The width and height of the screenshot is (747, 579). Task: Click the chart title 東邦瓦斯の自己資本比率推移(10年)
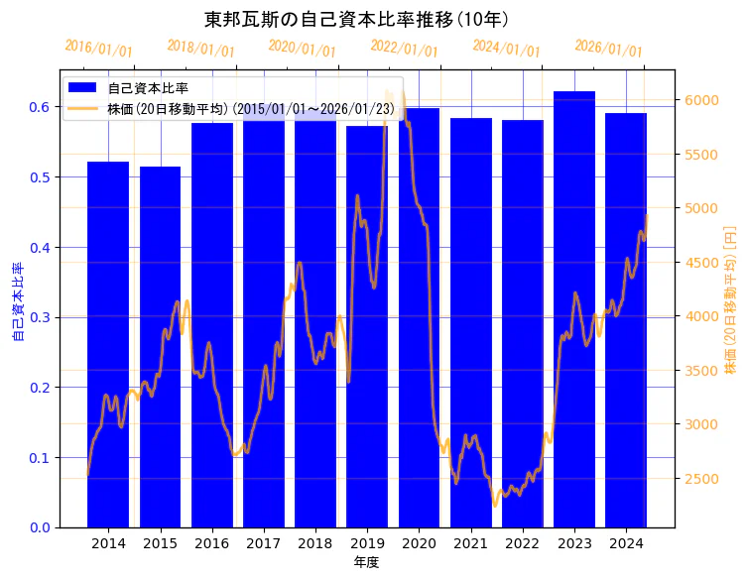(356, 20)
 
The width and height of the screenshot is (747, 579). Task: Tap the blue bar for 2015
(160, 347)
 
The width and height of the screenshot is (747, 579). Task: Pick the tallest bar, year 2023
(574, 308)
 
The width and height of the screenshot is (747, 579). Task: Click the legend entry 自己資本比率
(148, 89)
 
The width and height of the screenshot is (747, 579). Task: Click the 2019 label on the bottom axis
(367, 543)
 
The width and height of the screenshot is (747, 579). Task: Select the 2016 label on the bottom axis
(211, 543)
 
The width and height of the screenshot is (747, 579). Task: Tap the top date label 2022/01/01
(404, 48)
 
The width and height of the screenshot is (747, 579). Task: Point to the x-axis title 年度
(366, 562)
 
